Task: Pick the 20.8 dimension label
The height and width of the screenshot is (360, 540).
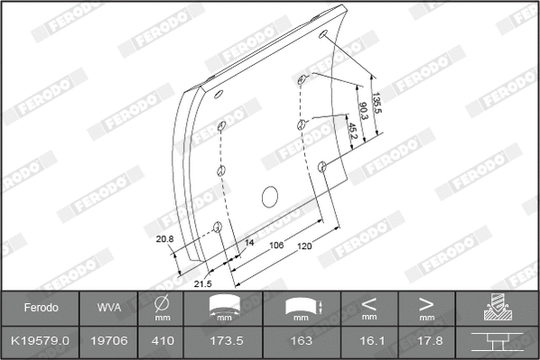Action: click(164, 239)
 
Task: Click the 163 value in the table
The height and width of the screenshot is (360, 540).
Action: click(301, 340)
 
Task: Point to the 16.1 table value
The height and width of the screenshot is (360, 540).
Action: click(368, 340)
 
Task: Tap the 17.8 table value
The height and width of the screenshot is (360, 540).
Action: click(426, 340)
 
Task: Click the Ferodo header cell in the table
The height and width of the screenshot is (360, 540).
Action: click(41, 308)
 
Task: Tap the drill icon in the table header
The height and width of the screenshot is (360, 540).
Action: click(496, 308)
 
